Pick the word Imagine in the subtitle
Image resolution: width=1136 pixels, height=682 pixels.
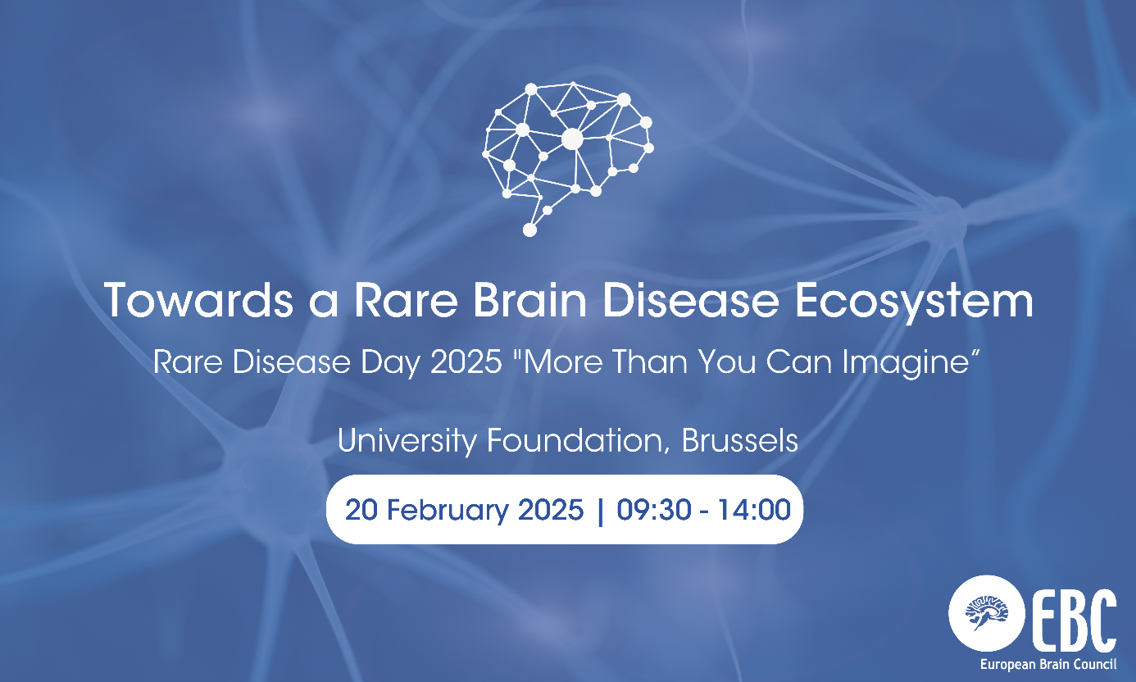924,361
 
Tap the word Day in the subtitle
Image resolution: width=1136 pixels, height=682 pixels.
393,361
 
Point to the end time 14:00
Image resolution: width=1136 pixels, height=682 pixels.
754,510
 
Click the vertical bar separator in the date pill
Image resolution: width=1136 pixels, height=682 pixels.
602,510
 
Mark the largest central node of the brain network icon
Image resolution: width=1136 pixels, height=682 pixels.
572,139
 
